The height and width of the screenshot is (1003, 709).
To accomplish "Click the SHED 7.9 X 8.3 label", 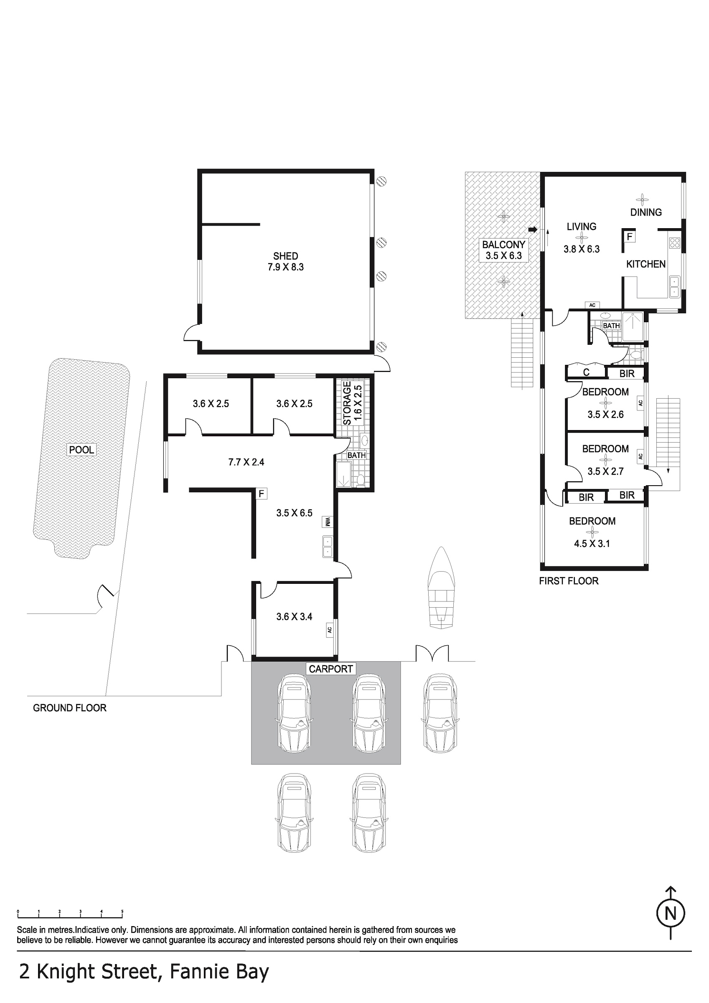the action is point(286,261).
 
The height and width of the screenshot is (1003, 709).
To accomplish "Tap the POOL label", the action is point(82,450).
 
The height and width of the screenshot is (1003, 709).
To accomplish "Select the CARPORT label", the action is point(331,669).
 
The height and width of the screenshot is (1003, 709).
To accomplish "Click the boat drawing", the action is point(442,588).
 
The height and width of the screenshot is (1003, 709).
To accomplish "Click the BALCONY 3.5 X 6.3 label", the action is point(504,250).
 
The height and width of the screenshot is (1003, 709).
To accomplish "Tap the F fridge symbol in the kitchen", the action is point(630,237).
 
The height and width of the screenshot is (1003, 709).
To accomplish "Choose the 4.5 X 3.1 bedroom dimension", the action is point(592,543).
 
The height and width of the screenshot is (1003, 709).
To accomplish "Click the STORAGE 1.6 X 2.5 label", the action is point(353,403).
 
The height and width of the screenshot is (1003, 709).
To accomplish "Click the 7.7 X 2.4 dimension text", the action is point(246,462).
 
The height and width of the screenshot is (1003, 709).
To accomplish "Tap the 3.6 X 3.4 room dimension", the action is point(294,616).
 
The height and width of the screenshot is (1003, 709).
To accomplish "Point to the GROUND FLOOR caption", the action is point(70,708).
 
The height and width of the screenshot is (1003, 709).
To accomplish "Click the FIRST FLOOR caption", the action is point(569,580).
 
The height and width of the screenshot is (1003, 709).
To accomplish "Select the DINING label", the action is point(645,212).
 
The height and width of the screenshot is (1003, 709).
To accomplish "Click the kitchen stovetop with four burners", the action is point(674,242).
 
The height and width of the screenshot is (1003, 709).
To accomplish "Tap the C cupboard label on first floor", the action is point(586,372).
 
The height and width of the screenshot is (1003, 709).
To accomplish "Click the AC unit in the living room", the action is point(592,305).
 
